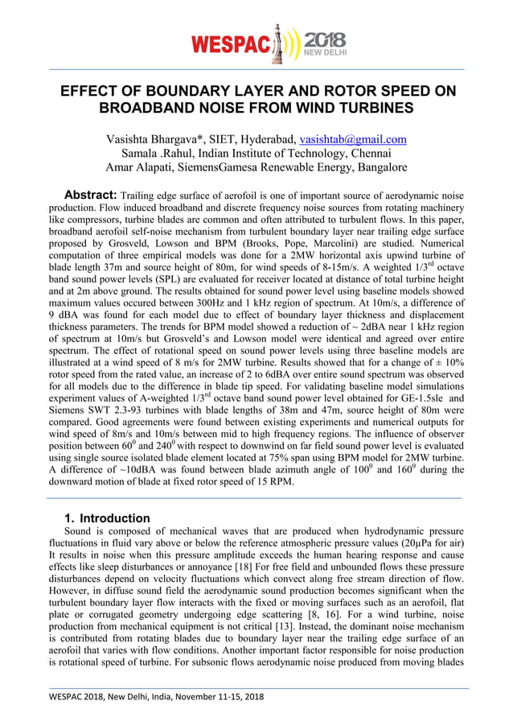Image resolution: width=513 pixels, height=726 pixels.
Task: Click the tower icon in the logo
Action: [280, 43]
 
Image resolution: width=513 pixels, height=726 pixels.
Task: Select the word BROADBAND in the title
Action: [154, 107]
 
